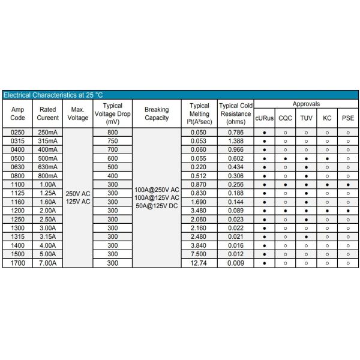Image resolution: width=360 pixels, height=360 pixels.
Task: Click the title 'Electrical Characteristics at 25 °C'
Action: (x=53, y=95)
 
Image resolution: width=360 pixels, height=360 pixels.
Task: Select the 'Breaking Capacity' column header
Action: (x=157, y=113)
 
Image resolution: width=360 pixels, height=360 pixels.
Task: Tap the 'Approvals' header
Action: (x=306, y=104)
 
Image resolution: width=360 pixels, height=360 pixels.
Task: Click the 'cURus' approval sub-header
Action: (x=264, y=118)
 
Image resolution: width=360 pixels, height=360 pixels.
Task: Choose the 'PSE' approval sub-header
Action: (x=348, y=118)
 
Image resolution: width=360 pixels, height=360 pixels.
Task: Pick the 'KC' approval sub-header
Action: (x=327, y=118)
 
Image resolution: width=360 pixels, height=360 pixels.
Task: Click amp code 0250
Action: (x=18, y=131)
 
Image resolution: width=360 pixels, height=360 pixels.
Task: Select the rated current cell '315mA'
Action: (x=47, y=140)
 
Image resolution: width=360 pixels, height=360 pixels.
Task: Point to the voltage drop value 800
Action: (x=112, y=131)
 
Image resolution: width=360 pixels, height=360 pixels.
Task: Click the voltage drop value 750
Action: (x=112, y=140)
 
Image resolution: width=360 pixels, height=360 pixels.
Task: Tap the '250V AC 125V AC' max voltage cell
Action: (x=78, y=197)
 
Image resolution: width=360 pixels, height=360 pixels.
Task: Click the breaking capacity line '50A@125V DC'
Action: (x=157, y=206)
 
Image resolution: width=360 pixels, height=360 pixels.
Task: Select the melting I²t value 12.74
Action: (x=199, y=262)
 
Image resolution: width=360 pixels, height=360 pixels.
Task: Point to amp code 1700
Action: (x=18, y=262)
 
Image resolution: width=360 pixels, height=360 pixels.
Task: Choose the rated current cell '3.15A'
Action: (x=47, y=238)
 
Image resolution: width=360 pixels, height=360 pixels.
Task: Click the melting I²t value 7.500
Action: (x=199, y=254)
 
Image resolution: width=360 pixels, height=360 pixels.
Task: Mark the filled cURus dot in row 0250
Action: (x=264, y=131)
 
